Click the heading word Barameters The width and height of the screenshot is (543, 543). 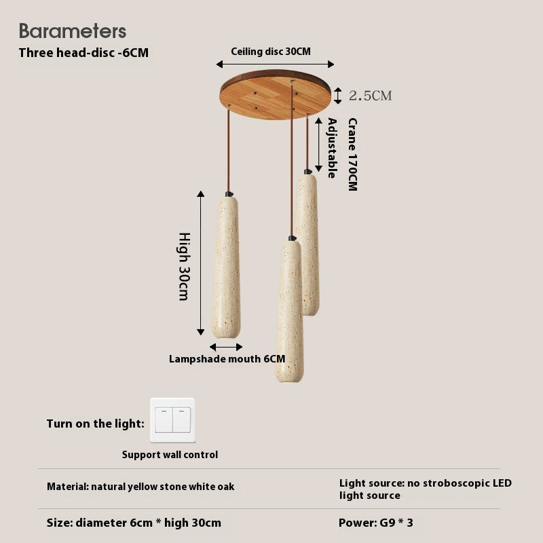tap(73, 31)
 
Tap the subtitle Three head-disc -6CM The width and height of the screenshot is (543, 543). tap(83, 53)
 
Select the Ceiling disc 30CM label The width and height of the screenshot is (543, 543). tap(271, 52)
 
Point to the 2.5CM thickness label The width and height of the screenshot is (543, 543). tap(370, 96)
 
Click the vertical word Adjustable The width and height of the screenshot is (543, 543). tap(332, 148)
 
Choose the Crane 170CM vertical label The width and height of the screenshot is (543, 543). tap(352, 155)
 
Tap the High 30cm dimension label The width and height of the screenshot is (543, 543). tap(184, 266)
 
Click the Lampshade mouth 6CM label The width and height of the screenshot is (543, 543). tap(227, 359)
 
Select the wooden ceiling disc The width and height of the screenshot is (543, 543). tap(276, 94)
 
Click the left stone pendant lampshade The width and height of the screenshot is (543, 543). tap(227, 267)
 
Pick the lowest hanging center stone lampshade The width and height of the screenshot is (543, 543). tap(290, 311)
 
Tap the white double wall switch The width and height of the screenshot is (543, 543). tap(172, 420)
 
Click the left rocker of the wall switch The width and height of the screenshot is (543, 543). tap(164, 420)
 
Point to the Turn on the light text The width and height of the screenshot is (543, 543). tap(95, 424)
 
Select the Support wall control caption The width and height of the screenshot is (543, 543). tap(170, 455)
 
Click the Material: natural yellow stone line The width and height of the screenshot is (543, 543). tap(141, 487)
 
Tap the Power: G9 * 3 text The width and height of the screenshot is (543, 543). tap(376, 523)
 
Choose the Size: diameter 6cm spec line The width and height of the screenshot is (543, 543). tap(134, 523)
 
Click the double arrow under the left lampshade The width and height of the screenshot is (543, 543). tap(226, 347)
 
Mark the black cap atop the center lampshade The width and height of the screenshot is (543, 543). tap(293, 238)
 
